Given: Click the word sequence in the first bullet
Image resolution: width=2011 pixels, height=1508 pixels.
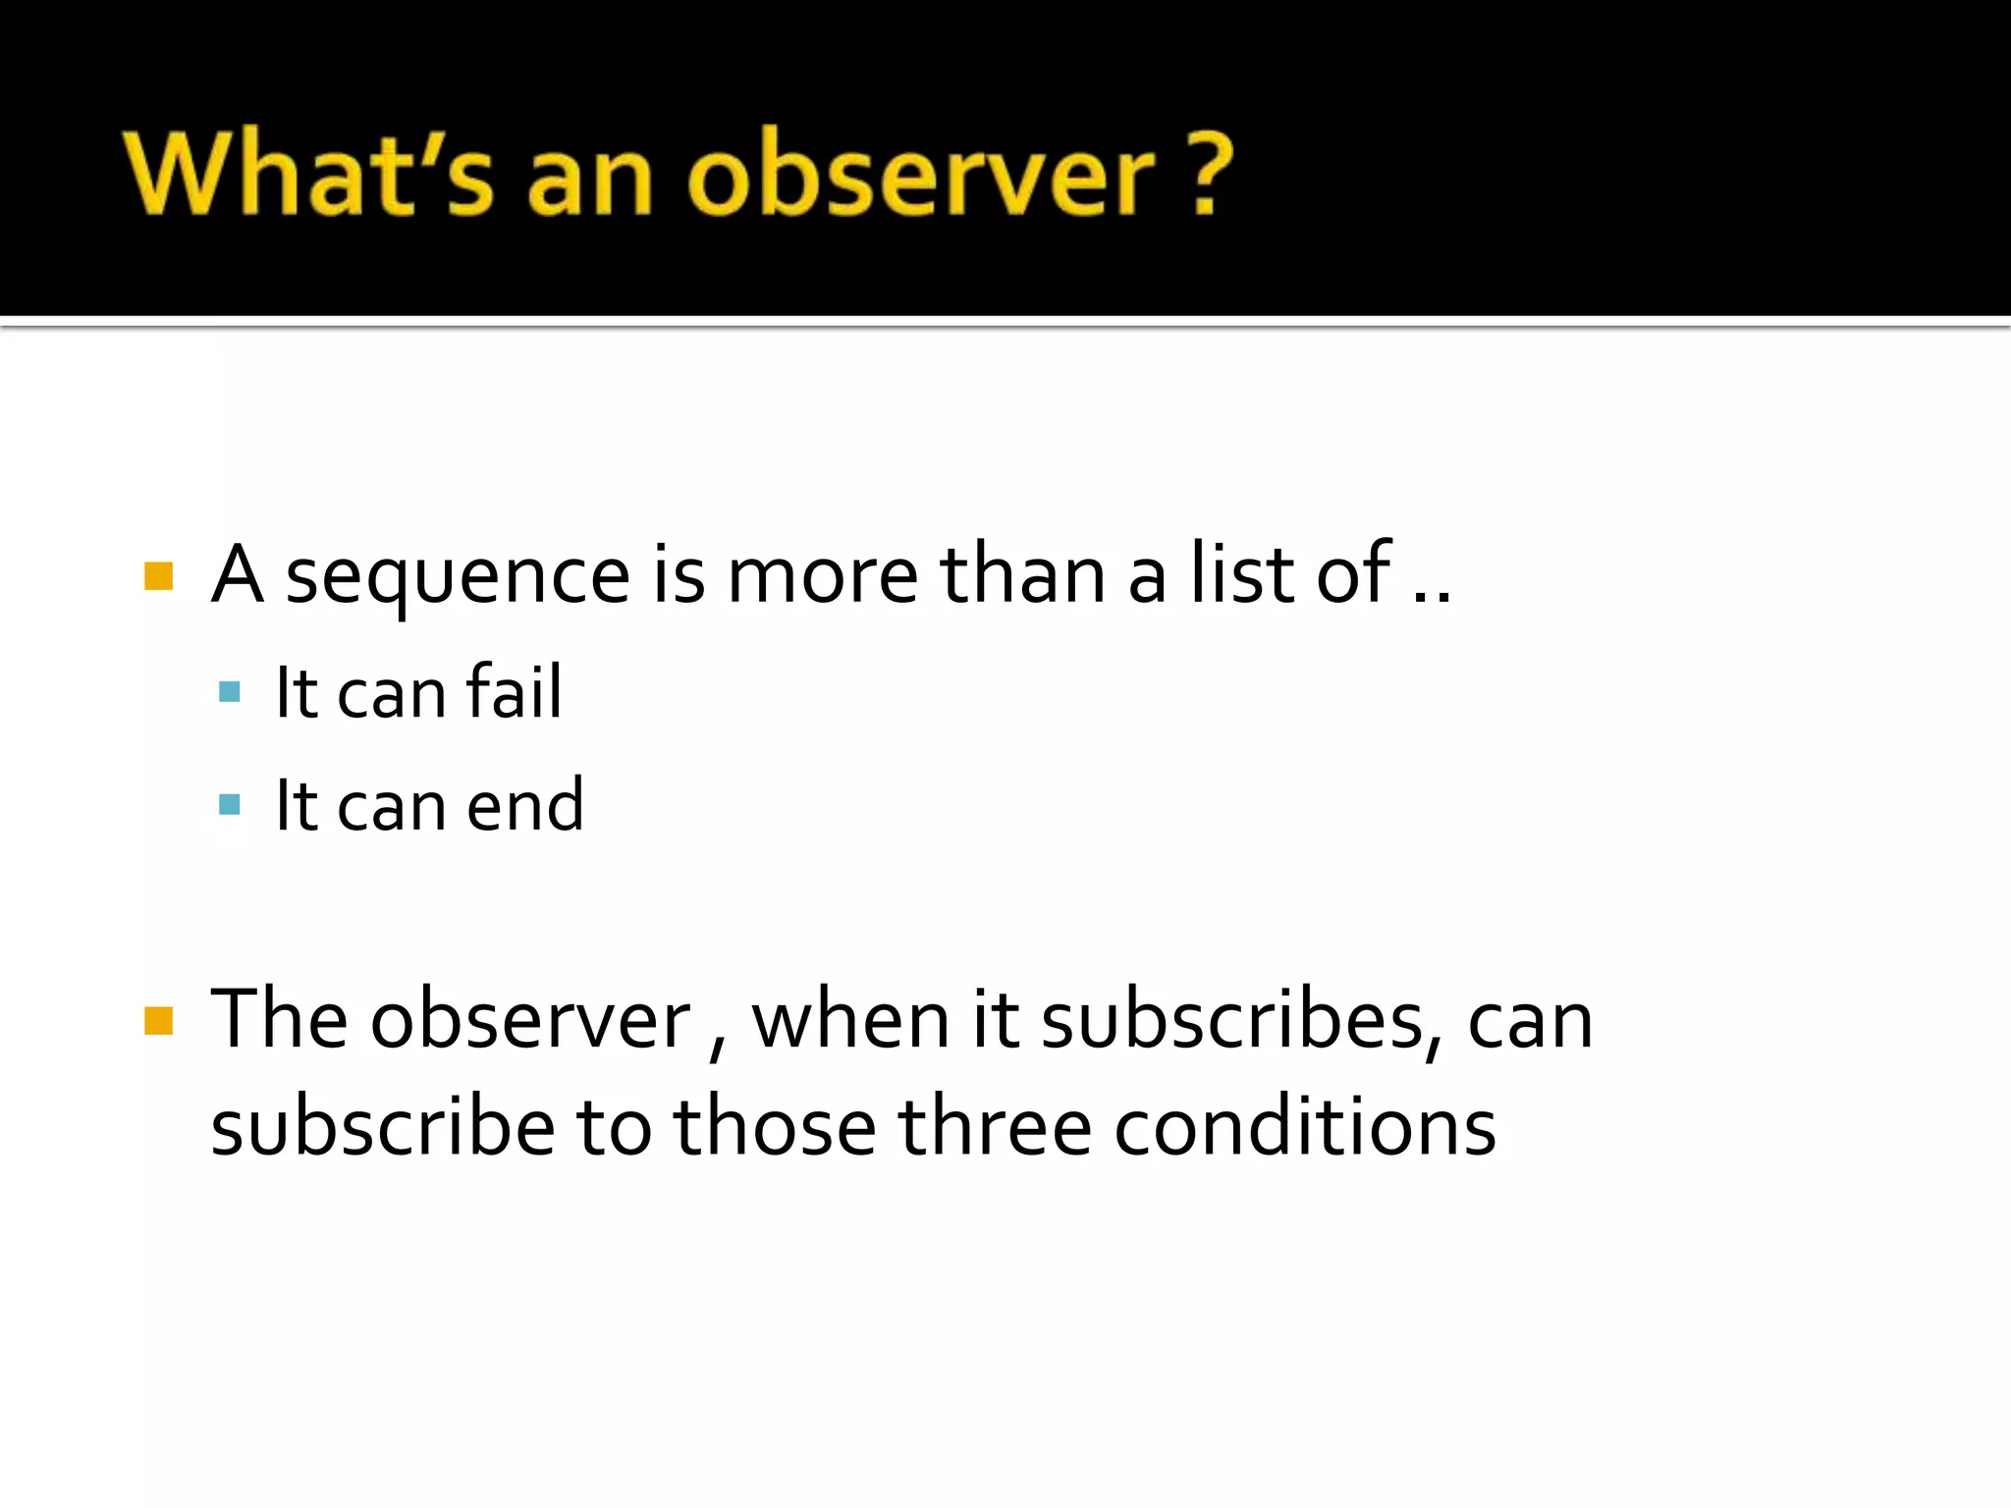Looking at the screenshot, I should click(457, 577).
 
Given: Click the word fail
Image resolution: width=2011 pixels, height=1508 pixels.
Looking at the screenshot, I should click(514, 693).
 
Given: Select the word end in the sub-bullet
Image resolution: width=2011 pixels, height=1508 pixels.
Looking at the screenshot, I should click(524, 806).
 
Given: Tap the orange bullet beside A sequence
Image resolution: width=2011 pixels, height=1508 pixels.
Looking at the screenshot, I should click(158, 576).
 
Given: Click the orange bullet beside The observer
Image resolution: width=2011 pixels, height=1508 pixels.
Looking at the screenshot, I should click(158, 1021).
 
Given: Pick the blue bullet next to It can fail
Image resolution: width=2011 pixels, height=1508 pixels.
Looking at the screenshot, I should click(230, 692).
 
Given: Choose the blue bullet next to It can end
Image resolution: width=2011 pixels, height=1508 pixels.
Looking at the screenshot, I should click(230, 805).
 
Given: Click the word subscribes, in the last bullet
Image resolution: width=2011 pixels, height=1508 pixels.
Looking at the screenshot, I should click(1241, 1021).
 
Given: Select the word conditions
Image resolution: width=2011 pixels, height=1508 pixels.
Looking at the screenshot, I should click(1304, 1127).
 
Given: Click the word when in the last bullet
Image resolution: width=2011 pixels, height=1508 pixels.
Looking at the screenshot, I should click(851, 1021).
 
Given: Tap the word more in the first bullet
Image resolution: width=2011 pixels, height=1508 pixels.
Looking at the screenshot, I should click(822, 577).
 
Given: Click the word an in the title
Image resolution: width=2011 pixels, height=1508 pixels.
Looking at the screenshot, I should click(589, 177).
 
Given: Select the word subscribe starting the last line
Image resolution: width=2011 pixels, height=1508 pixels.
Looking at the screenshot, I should click(382, 1127).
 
